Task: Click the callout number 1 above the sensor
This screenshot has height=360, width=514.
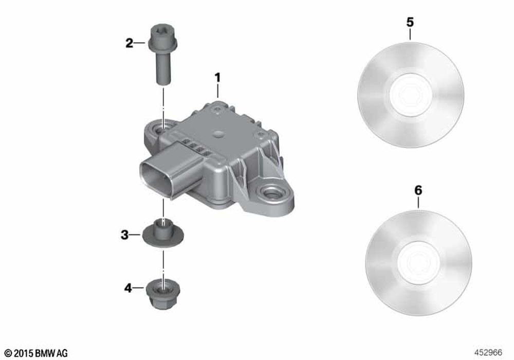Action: pos(217,78)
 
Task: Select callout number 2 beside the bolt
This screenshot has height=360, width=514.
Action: pos(130,43)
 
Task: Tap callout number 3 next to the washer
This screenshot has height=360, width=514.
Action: pos(124,235)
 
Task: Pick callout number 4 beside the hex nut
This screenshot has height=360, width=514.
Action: pos(128,288)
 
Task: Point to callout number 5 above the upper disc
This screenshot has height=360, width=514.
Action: pos(410,22)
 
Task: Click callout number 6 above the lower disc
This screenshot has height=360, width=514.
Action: pos(418,190)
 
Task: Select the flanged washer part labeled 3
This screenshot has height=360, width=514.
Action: pos(162,233)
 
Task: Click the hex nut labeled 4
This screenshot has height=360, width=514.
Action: pos(163,294)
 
